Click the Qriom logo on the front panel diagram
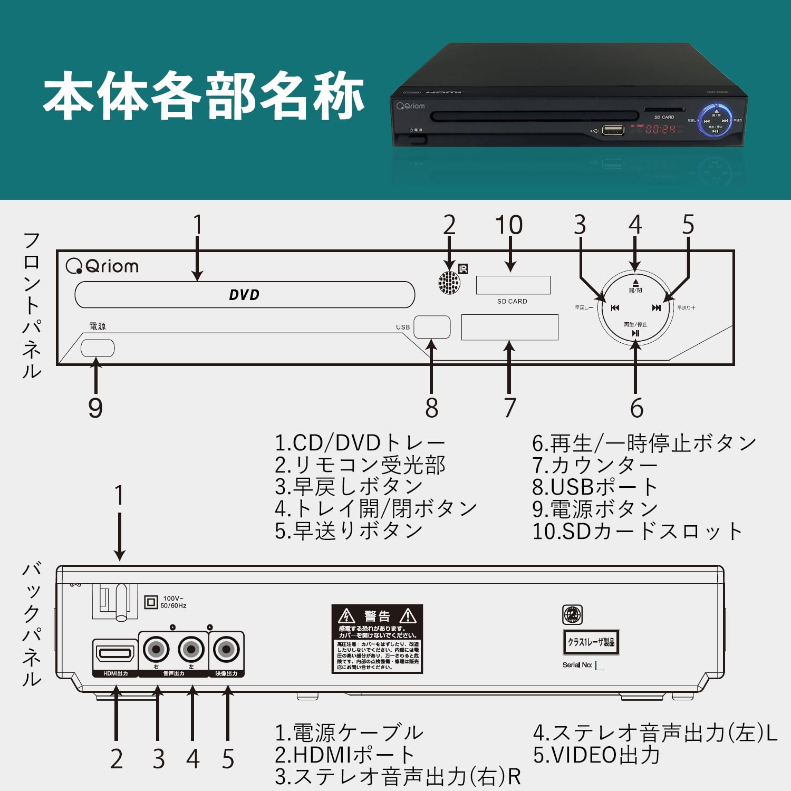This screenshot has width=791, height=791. pos(102,266)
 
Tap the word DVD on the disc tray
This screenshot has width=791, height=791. pos(244,295)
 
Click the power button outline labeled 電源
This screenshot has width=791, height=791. pos(98,348)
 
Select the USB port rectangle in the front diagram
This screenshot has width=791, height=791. pos(432,327)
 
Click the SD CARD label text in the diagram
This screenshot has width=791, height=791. pos(512,301)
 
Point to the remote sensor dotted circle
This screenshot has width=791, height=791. pos(449,283)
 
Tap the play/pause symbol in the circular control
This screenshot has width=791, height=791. pos(635,333)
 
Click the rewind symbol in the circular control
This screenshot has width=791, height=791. pos(615,308)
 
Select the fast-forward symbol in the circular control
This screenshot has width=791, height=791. pos(656,308)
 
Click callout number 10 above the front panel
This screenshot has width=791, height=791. pos(509,225)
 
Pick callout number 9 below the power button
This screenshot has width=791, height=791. pos(95,408)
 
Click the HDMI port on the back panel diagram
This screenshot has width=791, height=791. pos(115,654)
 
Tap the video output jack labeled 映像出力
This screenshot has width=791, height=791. pos(227,650)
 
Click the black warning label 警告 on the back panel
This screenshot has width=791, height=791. pos(377,639)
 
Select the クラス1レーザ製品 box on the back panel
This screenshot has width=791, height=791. pos(591,642)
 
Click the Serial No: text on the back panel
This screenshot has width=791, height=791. pos(577,665)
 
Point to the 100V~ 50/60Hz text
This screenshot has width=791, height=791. pos(173,602)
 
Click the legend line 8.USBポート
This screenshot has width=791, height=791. pos(594,487)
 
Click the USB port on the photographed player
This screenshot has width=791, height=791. pos(613,129)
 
